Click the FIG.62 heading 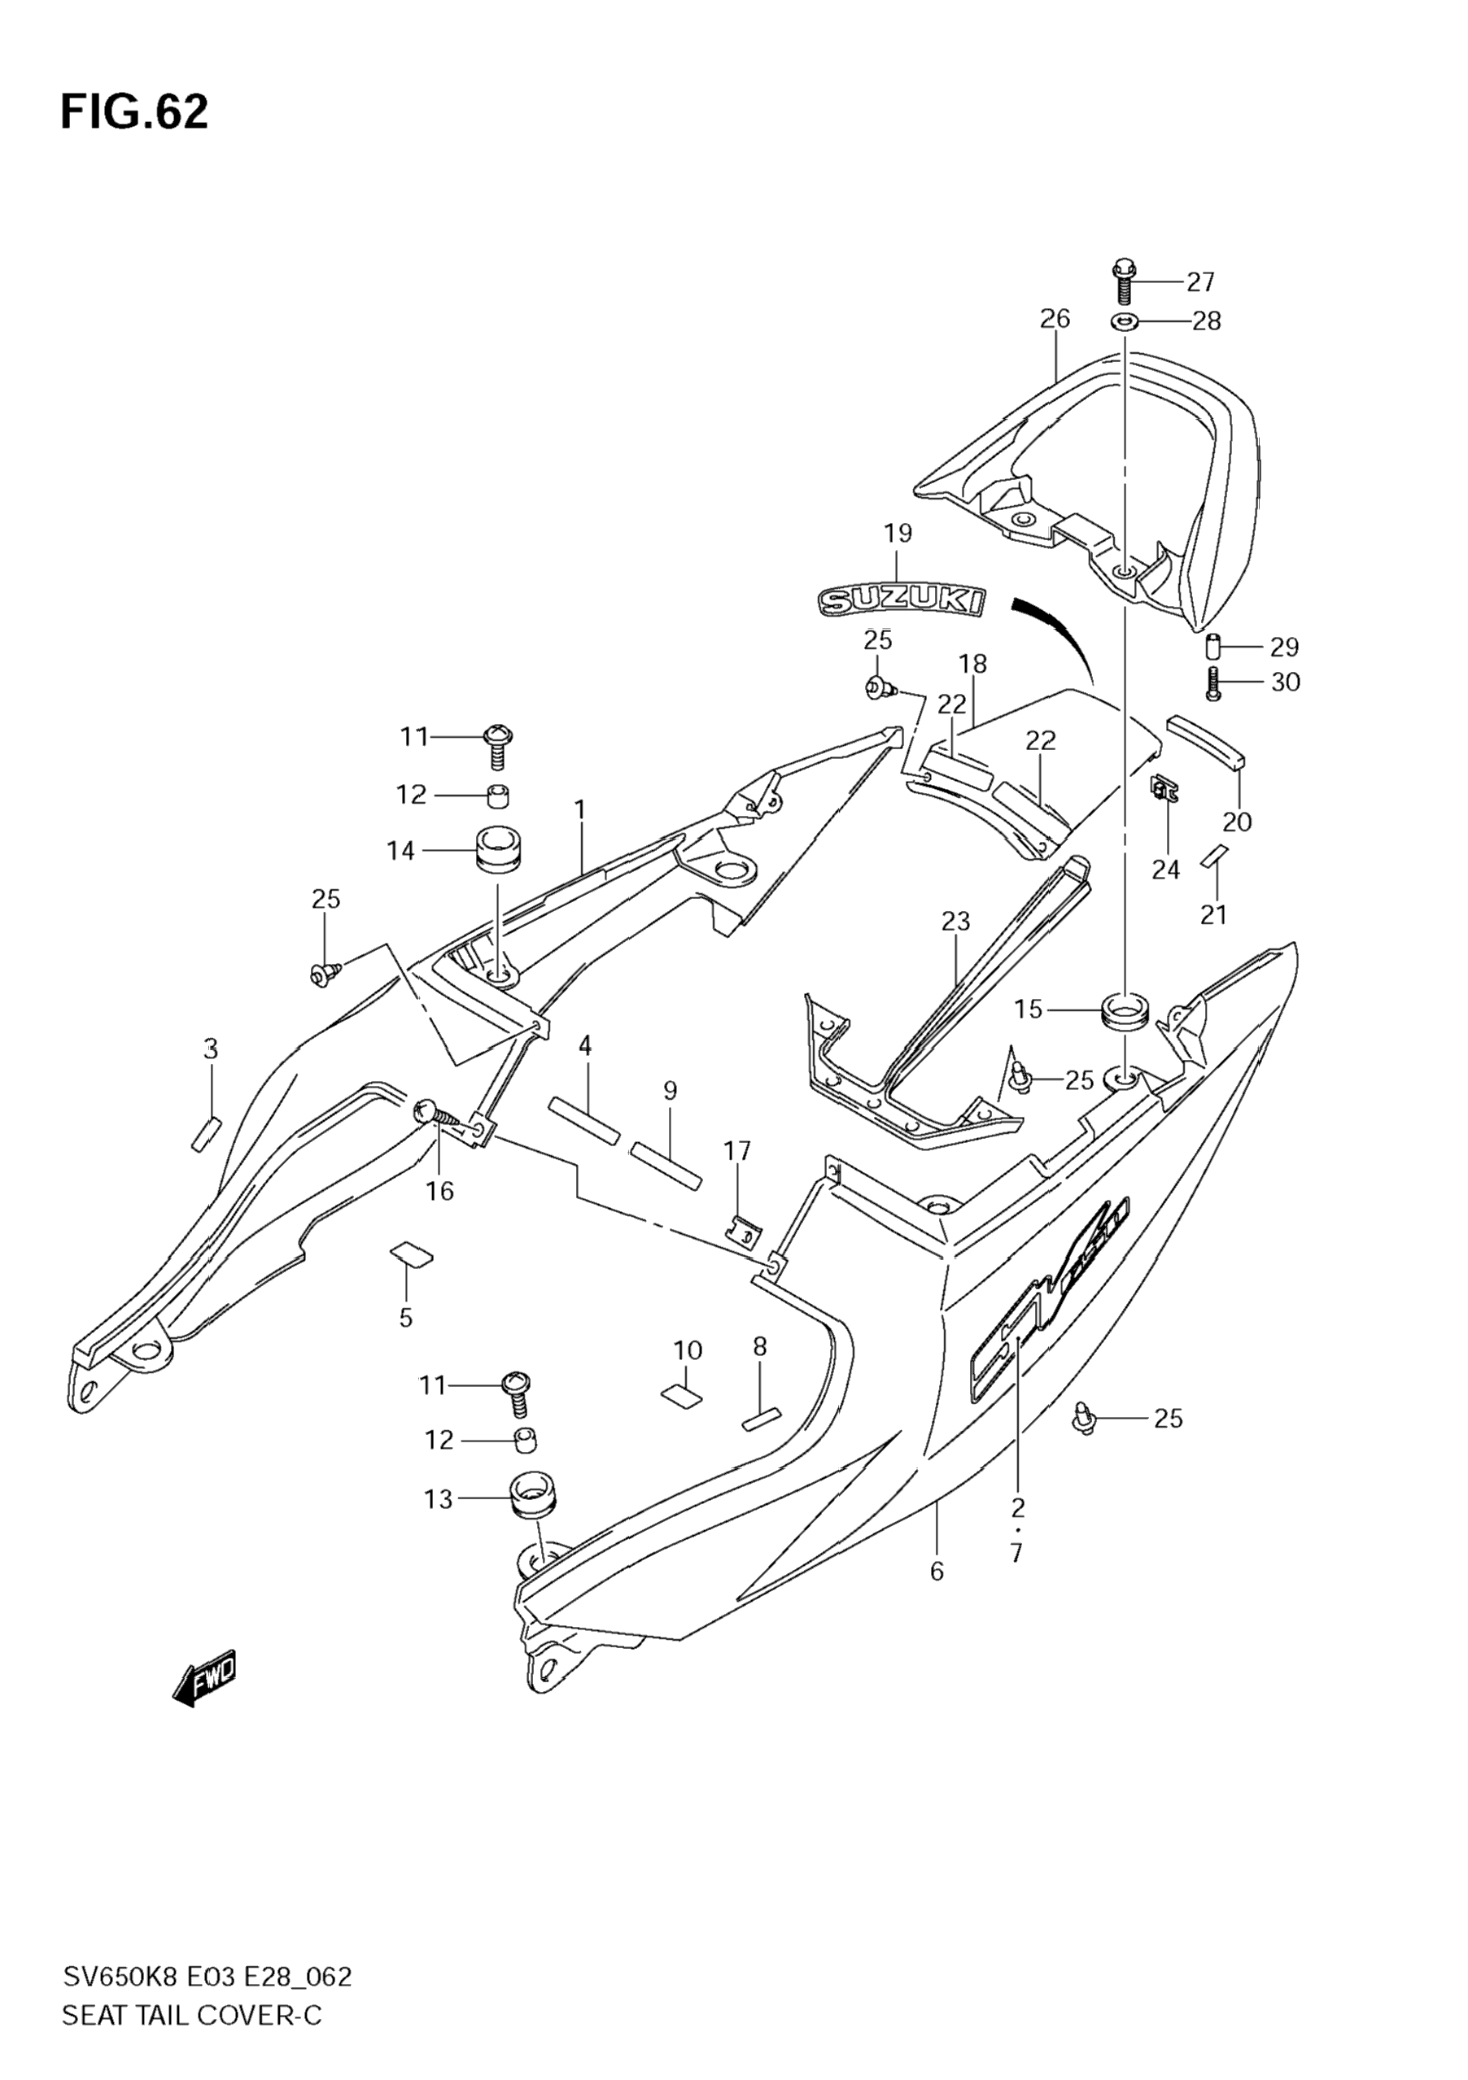click(x=134, y=112)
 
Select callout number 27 click(x=1199, y=282)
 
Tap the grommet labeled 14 click(x=498, y=850)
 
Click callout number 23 click(x=955, y=922)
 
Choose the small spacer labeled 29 click(x=1214, y=648)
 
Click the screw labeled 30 click(x=1214, y=684)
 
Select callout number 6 click(x=936, y=1571)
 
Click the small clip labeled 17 click(x=745, y=1230)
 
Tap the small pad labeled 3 click(x=206, y=1133)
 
